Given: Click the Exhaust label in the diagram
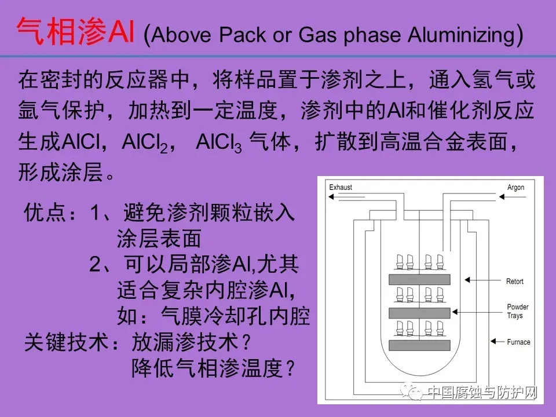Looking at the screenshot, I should click(341, 188).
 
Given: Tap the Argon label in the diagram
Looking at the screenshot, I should click(515, 188).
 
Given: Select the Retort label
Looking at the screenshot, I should click(514, 281).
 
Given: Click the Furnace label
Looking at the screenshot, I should click(518, 342).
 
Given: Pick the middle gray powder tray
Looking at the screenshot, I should click(420, 313).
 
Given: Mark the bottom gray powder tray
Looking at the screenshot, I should click(420, 346).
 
